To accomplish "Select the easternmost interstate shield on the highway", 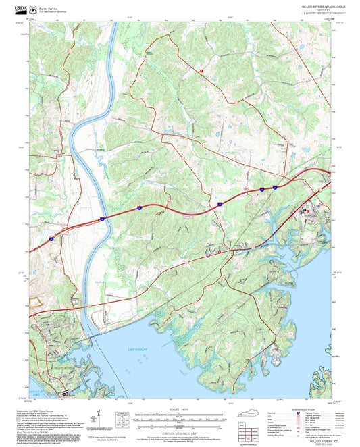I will (x=275, y=187).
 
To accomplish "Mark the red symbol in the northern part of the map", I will (x=201, y=70).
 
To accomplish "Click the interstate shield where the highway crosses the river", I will (x=101, y=218).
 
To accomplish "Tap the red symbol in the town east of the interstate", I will (x=305, y=210).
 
